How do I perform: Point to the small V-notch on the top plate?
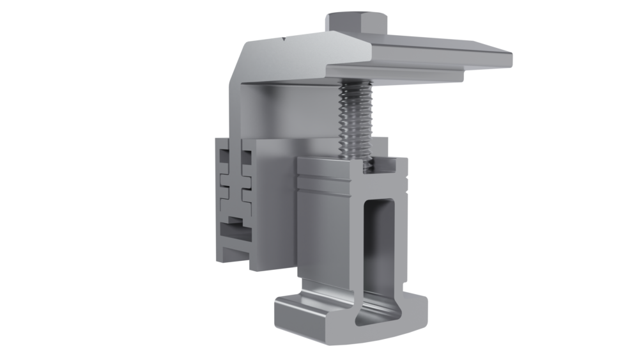click(x=282, y=40)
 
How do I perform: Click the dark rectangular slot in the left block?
click(x=231, y=225)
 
